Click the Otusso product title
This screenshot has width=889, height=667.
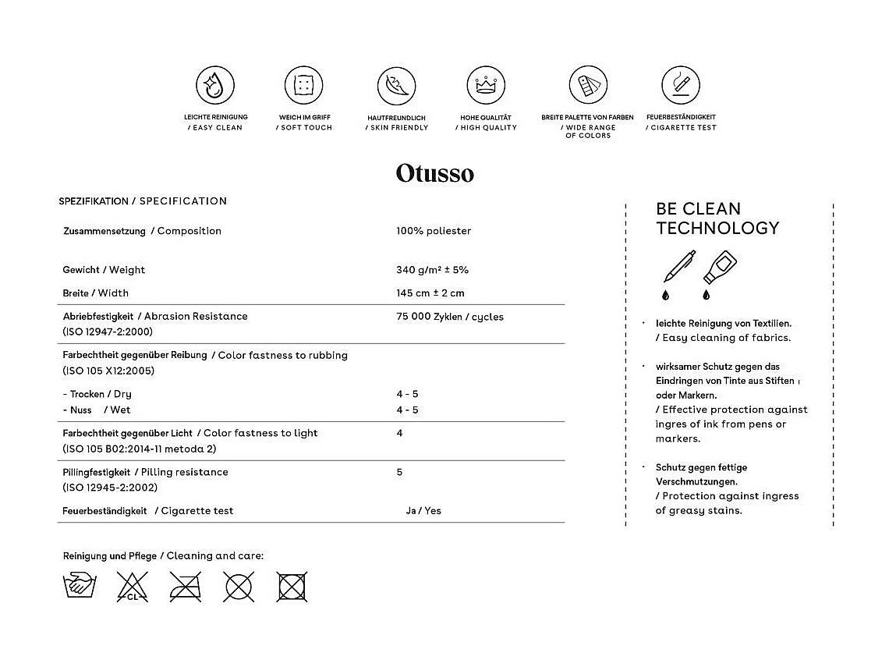click(x=434, y=172)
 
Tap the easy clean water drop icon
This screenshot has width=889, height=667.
click(x=214, y=86)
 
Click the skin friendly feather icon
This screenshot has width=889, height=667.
click(x=396, y=86)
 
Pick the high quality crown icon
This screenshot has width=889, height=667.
click(x=486, y=86)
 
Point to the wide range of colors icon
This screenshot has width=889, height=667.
click(x=588, y=86)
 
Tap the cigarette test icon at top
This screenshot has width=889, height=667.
click(x=680, y=86)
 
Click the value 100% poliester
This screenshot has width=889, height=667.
click(x=434, y=231)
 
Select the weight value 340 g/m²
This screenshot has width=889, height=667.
click(x=432, y=270)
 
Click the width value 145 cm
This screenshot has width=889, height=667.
click(x=430, y=293)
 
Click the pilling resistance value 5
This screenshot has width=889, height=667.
click(x=399, y=472)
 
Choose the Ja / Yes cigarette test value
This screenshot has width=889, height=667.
click(x=423, y=511)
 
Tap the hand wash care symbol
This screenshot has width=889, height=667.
click(x=80, y=586)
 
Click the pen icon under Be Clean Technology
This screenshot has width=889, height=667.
click(x=678, y=268)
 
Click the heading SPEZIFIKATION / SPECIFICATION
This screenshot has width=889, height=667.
click(x=143, y=201)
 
